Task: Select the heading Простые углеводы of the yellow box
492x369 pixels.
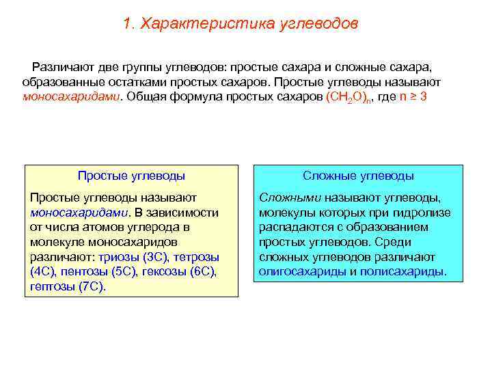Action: point(131,176)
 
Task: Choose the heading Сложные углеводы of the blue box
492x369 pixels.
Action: point(358,176)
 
